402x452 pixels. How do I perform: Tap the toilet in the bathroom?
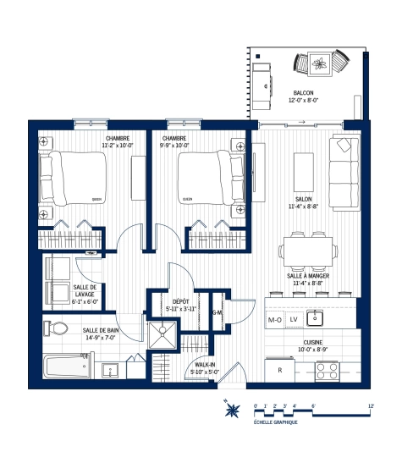pos(57,328)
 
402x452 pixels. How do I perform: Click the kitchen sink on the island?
pos(315,319)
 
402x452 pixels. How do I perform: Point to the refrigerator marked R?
pos(279,370)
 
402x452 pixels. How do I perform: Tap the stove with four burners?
pos(327,370)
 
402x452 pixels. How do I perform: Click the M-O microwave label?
pos(274,320)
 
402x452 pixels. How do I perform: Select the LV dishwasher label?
pos(294,320)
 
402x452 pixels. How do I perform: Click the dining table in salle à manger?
pos(307,250)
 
